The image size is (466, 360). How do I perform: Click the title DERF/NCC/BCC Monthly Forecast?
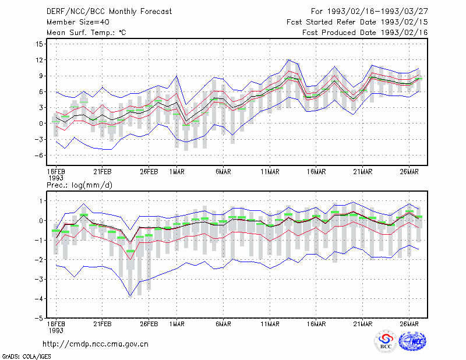(109, 12)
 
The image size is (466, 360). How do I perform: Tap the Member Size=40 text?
(78, 22)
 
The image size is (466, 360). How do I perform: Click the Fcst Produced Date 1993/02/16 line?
(365, 33)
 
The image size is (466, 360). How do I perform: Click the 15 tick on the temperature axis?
(39, 44)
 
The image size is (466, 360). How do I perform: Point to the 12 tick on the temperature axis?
(39, 60)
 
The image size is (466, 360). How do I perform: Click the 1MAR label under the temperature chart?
(177, 172)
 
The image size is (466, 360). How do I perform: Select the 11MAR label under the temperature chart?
(270, 172)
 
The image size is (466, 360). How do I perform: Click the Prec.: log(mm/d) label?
(79, 185)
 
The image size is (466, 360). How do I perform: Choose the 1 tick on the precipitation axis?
(41, 201)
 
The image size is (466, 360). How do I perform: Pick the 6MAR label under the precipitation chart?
(223, 324)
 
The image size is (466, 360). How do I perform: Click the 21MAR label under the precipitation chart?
(362, 324)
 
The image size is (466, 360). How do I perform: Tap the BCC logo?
(386, 341)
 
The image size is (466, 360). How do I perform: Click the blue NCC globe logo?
(412, 341)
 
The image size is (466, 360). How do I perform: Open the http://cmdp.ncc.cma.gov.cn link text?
(96, 344)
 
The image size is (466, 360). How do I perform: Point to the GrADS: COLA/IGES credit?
(26, 357)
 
